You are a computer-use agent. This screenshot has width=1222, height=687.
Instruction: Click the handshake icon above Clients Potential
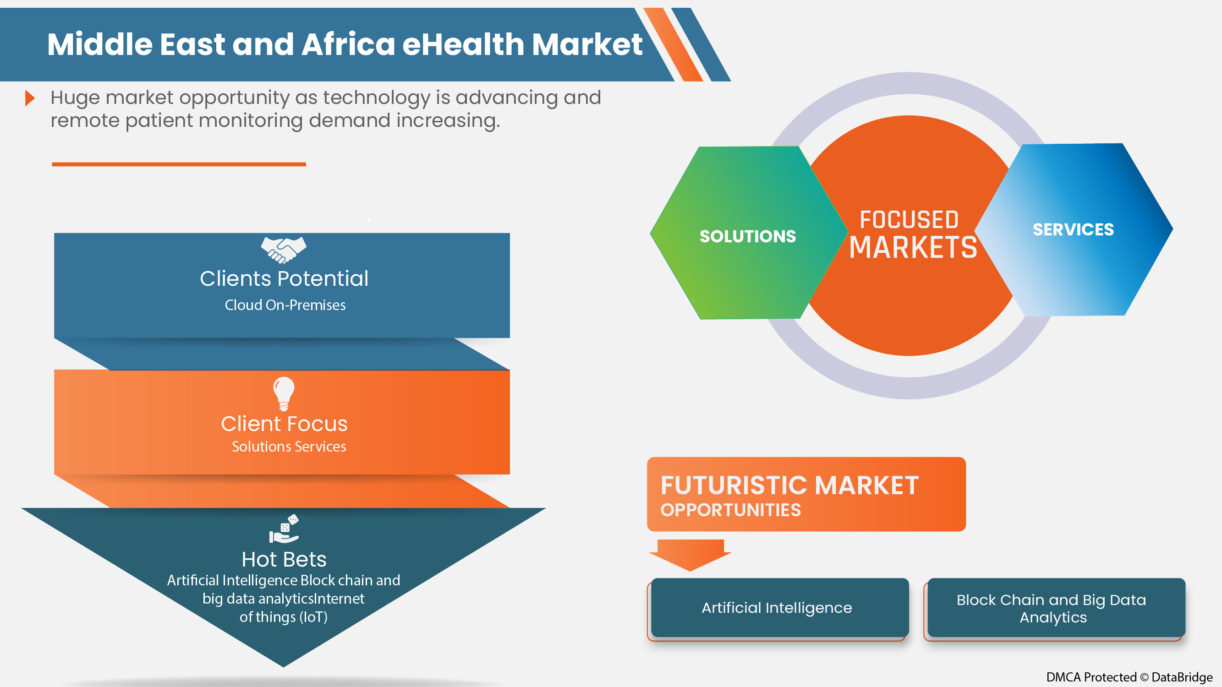tap(284, 250)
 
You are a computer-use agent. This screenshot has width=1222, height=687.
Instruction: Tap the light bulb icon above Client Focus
tap(284, 393)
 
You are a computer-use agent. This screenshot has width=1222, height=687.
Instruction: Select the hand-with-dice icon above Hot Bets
tap(284, 529)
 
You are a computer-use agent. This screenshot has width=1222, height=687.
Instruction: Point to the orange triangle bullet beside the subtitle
tap(30, 98)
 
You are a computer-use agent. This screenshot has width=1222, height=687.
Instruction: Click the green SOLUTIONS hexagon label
tap(748, 236)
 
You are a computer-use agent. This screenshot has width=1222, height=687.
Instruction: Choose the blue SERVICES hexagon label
tap(1073, 229)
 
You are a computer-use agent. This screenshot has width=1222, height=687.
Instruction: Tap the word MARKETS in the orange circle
tap(913, 247)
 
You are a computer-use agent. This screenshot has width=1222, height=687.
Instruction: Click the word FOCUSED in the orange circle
tap(909, 219)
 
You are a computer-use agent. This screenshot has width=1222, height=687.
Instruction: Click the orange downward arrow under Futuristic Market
tap(690, 555)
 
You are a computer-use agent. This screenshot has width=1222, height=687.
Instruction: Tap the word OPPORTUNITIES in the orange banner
tap(730, 510)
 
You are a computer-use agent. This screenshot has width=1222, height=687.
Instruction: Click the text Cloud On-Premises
tap(285, 305)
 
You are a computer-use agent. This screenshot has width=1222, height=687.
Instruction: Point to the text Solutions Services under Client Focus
tap(289, 447)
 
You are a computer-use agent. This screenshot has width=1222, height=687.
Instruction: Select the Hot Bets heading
tap(284, 560)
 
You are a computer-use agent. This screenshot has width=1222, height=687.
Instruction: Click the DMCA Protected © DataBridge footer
tap(1129, 676)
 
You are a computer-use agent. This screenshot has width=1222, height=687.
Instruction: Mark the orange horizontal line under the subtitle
tap(179, 164)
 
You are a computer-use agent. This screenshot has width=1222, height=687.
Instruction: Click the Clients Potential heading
tap(284, 278)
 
